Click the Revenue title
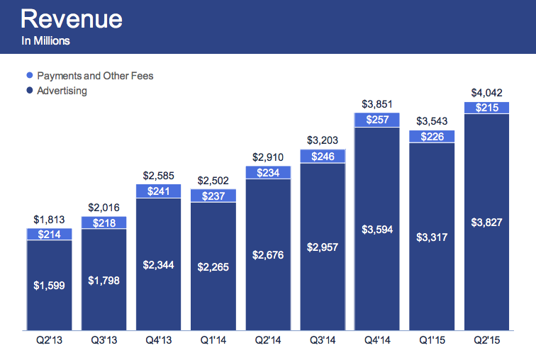72,18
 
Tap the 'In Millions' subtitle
46,41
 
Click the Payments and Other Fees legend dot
29,76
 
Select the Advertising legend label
62,91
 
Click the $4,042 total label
486,94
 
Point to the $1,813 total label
50,220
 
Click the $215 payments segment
486,108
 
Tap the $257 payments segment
377,120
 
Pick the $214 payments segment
50,234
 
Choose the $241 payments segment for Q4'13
159,191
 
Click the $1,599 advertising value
50,286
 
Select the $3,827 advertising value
486,222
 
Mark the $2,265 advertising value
213,266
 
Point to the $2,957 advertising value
323,247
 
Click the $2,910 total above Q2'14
268,157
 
